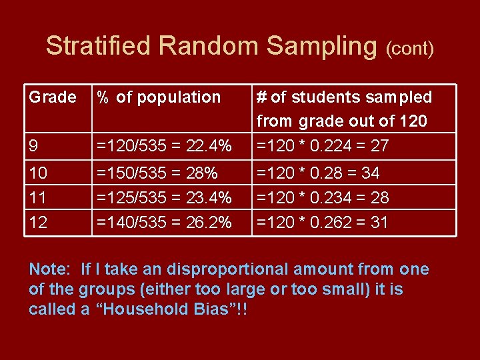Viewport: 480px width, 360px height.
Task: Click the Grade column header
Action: (53, 97)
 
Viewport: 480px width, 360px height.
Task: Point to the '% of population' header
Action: (159, 97)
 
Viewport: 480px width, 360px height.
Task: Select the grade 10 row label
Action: (38, 173)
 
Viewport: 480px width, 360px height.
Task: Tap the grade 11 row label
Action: (38, 198)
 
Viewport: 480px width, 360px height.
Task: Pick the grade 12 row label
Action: (38, 223)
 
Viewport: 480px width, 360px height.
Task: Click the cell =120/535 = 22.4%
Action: (164, 145)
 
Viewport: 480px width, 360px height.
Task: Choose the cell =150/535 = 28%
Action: (157, 173)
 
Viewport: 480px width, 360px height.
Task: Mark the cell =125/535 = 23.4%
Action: (164, 198)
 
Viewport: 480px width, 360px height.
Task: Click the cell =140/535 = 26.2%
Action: (164, 223)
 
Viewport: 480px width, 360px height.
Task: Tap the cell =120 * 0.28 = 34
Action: (318, 173)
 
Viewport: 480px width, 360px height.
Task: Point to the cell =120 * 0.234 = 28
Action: (323, 198)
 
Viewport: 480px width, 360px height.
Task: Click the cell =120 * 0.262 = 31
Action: (322, 223)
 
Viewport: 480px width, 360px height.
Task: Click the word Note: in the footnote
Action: (49, 270)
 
